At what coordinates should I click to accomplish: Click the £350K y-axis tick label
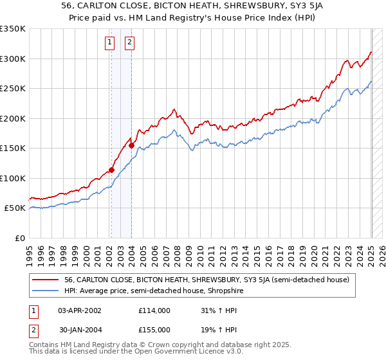tap(13, 29)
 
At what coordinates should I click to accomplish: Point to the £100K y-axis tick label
tap(13, 178)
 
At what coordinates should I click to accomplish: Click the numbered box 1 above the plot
tap(111, 43)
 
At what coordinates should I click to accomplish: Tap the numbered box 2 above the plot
tap(129, 43)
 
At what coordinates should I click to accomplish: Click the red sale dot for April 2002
tap(111, 170)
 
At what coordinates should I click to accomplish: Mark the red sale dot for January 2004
tap(132, 145)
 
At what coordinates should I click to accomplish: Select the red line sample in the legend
tap(46, 280)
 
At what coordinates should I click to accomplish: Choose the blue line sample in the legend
tap(46, 291)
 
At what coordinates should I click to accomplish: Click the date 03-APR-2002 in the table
tap(80, 310)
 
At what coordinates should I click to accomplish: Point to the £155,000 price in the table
tap(154, 329)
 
